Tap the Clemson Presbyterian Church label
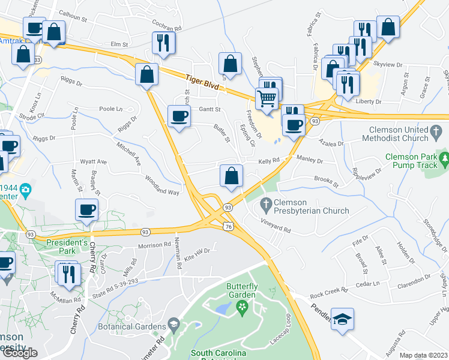tap(312, 206)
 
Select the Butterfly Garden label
tap(242, 291)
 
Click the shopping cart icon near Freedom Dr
tap(268, 98)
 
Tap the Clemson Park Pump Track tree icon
tap(445, 159)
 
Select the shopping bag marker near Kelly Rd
tap(231, 176)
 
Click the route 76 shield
tap(228, 226)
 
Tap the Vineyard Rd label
tap(276, 229)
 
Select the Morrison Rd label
tap(154, 245)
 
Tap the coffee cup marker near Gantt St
tap(178, 116)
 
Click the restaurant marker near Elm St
tap(163, 42)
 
